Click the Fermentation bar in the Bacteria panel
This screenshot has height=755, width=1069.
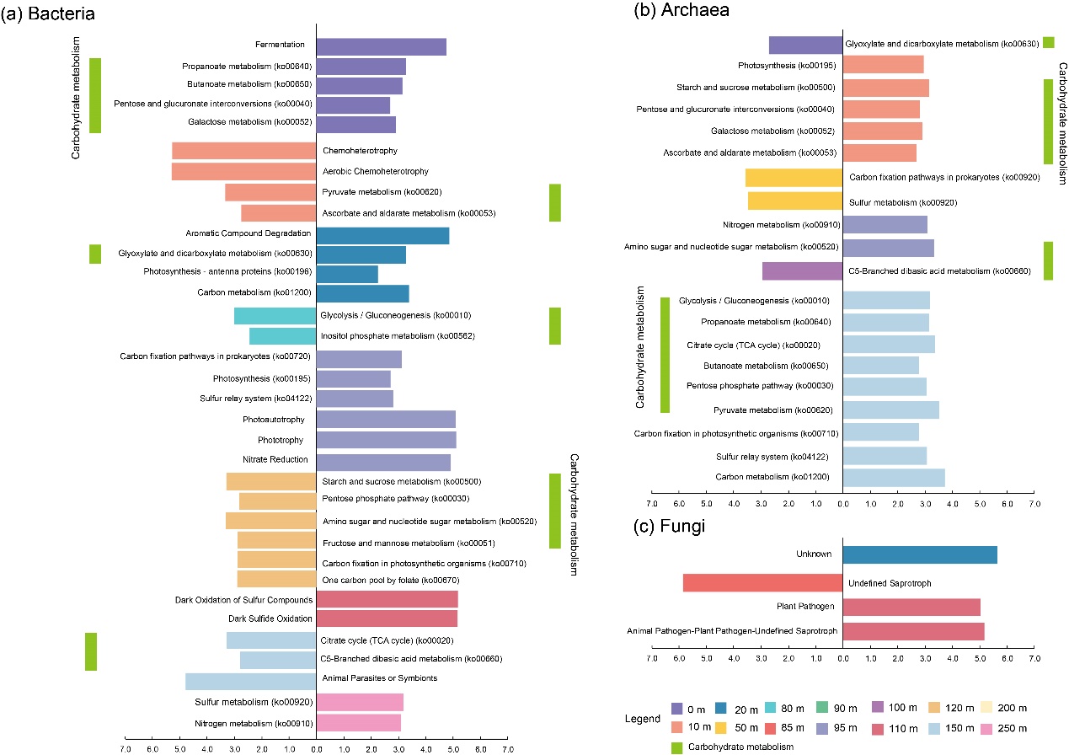(x=381, y=46)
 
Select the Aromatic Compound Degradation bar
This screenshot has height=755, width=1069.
(x=382, y=235)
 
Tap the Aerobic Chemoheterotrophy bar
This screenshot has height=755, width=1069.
(x=243, y=172)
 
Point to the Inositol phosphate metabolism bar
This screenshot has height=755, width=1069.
(x=282, y=336)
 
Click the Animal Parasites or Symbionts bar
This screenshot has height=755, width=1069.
(x=250, y=682)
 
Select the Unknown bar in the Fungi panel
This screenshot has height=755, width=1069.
(x=920, y=554)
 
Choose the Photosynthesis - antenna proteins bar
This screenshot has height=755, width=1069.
(x=347, y=274)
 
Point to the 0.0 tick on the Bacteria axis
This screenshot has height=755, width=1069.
(x=316, y=747)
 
